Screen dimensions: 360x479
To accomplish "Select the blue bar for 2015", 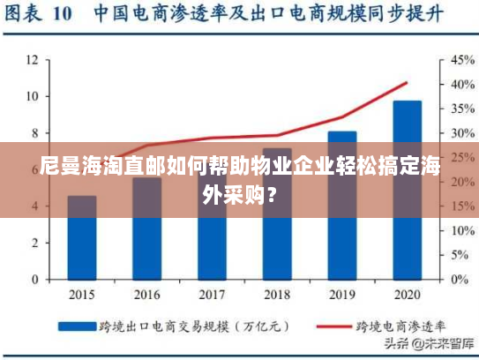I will coord(82,247).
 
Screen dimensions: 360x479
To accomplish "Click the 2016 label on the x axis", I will coord(146,293).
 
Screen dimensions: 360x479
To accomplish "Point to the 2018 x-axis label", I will coord(277,293).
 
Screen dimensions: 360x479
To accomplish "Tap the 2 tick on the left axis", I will coord(34,243).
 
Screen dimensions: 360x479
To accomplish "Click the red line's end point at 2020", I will coord(407,83).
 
